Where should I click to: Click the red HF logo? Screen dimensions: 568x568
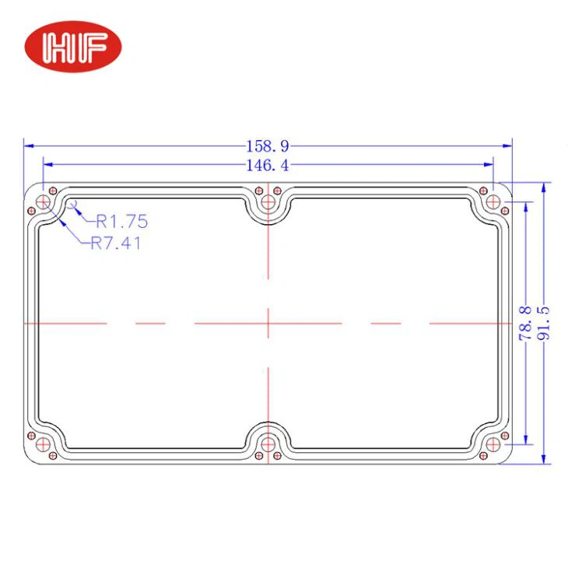pos(74,47)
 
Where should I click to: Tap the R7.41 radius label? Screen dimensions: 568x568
pos(116,243)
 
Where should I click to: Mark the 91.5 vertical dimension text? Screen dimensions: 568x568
pos(544,323)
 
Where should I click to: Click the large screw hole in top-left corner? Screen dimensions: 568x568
pos(44,203)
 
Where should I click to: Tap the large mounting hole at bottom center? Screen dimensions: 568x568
pos(268,444)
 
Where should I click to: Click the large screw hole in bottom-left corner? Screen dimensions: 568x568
pos(44,444)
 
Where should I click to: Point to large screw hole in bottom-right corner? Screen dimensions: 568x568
pos(493,444)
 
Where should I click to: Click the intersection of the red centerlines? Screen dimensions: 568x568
pos(268,323)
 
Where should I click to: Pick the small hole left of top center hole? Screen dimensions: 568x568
pos(258,190)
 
